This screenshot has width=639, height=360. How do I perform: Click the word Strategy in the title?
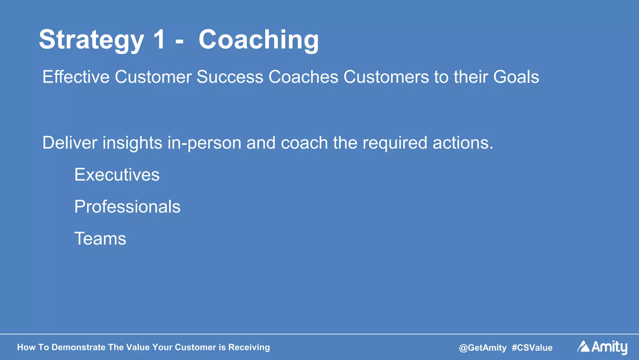pyautogui.click(x=91, y=40)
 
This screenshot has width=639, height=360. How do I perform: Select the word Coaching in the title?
pyautogui.click(x=259, y=40)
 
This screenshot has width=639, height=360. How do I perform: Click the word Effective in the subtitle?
pyautogui.click(x=76, y=77)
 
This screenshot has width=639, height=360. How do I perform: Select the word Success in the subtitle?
pyautogui.click(x=230, y=77)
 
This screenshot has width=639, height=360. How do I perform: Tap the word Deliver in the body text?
pyautogui.click(x=70, y=143)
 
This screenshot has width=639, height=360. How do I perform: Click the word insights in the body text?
pyautogui.click(x=132, y=143)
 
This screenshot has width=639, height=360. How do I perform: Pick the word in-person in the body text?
pyautogui.click(x=204, y=143)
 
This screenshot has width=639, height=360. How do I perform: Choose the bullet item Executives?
pyautogui.click(x=117, y=175)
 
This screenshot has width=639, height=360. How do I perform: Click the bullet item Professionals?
pyautogui.click(x=127, y=207)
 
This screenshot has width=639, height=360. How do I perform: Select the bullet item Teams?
pyautogui.click(x=100, y=239)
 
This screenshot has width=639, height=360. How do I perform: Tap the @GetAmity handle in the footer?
pyautogui.click(x=482, y=348)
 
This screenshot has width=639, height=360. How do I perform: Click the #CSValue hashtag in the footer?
pyautogui.click(x=532, y=348)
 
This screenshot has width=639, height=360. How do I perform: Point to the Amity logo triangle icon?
pyautogui.click(x=583, y=347)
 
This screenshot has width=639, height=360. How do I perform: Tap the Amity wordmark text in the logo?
pyautogui.click(x=609, y=347)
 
